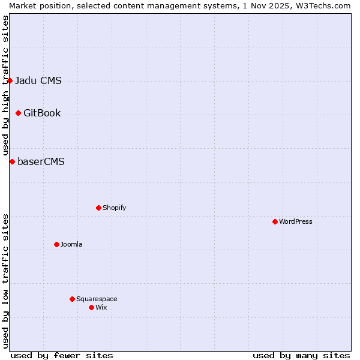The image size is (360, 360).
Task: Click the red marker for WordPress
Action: click(x=275, y=221)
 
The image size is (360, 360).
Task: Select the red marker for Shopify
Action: click(x=98, y=208)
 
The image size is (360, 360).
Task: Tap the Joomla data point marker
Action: click(x=56, y=244)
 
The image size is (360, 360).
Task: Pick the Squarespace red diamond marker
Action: click(x=72, y=299)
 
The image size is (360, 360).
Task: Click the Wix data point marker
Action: click(x=91, y=307)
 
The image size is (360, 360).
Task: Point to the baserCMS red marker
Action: click(x=12, y=161)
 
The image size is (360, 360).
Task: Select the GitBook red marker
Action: click(x=18, y=113)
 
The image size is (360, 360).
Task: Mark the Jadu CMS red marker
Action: click(x=10, y=80)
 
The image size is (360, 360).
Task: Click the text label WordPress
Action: click(x=296, y=221)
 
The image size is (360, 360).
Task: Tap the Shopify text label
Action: click(x=114, y=208)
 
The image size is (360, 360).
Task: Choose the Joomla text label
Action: click(x=71, y=244)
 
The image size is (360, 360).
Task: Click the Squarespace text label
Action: click(x=97, y=299)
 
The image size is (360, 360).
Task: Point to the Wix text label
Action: click(x=101, y=307)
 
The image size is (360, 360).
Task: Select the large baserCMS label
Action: click(x=41, y=161)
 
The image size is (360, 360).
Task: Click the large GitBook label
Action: click(x=42, y=113)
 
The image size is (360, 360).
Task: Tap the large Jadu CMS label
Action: click(x=38, y=80)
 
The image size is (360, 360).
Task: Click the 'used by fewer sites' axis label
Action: click(x=62, y=355)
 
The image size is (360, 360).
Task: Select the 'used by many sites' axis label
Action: click(x=301, y=355)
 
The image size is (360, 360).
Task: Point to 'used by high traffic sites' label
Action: click(x=5, y=86)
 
